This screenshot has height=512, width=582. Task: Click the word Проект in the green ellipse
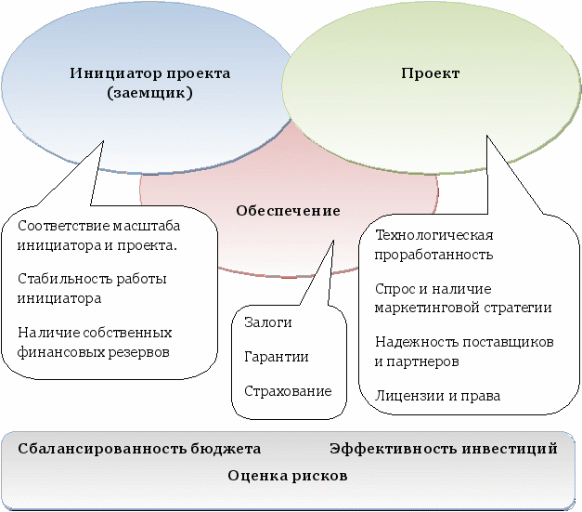[x=431, y=72]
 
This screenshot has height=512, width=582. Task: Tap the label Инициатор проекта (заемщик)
[x=149, y=83]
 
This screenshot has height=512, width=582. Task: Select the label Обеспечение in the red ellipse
[x=288, y=210]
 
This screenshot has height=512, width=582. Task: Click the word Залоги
[x=268, y=322]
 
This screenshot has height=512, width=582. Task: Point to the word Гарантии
[x=276, y=356]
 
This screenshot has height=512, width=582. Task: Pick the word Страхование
[x=288, y=390]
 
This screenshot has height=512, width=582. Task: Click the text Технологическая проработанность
[x=433, y=244]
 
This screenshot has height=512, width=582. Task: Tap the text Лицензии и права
[x=438, y=396]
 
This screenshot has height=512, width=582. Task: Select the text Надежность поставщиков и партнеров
[x=464, y=351]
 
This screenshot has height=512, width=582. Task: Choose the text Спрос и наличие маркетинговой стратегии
[x=463, y=298]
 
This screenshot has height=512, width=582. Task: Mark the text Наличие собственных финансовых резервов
[x=95, y=342]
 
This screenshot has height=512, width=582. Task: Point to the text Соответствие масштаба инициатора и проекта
[x=98, y=235]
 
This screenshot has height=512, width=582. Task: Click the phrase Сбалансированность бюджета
[x=139, y=448]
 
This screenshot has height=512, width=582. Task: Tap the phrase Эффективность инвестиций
[x=443, y=448]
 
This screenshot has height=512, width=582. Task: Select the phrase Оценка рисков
[x=288, y=475]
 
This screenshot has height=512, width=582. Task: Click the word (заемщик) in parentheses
[x=149, y=93]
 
